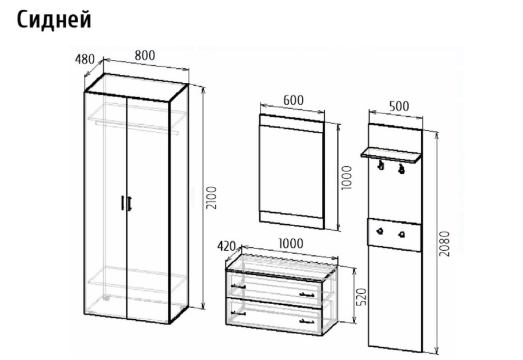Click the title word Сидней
(53, 20)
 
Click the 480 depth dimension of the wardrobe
(84, 59)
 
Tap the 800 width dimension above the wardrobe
(145, 55)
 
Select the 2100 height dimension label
(211, 197)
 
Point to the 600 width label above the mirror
(294, 100)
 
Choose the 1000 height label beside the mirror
(347, 178)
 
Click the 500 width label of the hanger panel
(399, 106)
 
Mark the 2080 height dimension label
(444, 244)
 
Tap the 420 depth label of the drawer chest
(226, 246)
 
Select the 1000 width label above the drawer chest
(290, 244)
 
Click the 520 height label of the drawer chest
(362, 296)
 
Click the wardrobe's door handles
(126, 203)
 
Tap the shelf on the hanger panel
(391, 155)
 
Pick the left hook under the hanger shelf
(380, 164)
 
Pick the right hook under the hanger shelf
(401, 168)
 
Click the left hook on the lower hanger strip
(379, 231)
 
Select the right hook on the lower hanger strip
(402, 234)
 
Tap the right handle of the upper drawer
(307, 294)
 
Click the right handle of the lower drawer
(307, 321)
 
